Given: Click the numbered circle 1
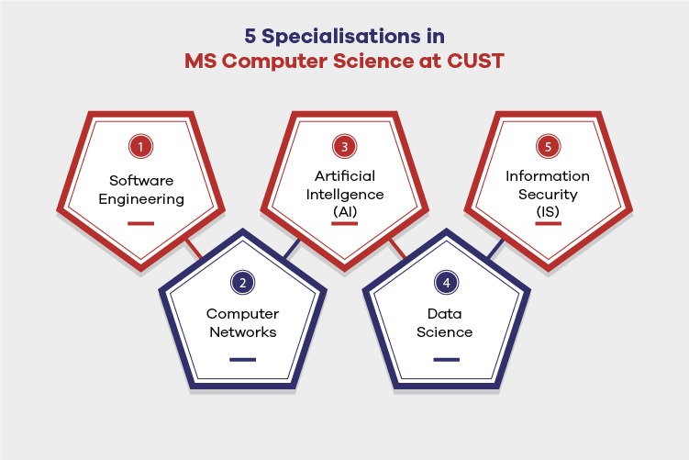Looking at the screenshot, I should [x=140, y=146].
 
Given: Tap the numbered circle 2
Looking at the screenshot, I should [x=242, y=283].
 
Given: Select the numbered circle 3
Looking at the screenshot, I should [x=344, y=146].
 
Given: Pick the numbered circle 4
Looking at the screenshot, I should [x=446, y=283].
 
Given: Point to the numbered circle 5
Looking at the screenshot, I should [x=549, y=146].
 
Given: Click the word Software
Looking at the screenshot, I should [x=140, y=179].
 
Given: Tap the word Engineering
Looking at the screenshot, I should [x=140, y=198].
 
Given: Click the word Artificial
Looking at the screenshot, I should [x=344, y=175].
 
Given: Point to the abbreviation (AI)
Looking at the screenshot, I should [x=344, y=211].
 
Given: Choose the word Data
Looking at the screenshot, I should [x=446, y=314].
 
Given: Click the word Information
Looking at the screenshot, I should [x=549, y=175].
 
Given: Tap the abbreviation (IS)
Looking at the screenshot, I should [x=549, y=211].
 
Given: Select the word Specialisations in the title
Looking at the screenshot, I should [x=343, y=38].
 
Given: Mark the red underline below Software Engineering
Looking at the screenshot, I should [x=140, y=222].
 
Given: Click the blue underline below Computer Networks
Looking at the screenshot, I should [x=242, y=358].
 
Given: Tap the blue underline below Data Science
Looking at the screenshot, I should [x=446, y=358].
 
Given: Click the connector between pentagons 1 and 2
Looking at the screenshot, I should [x=193, y=246].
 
